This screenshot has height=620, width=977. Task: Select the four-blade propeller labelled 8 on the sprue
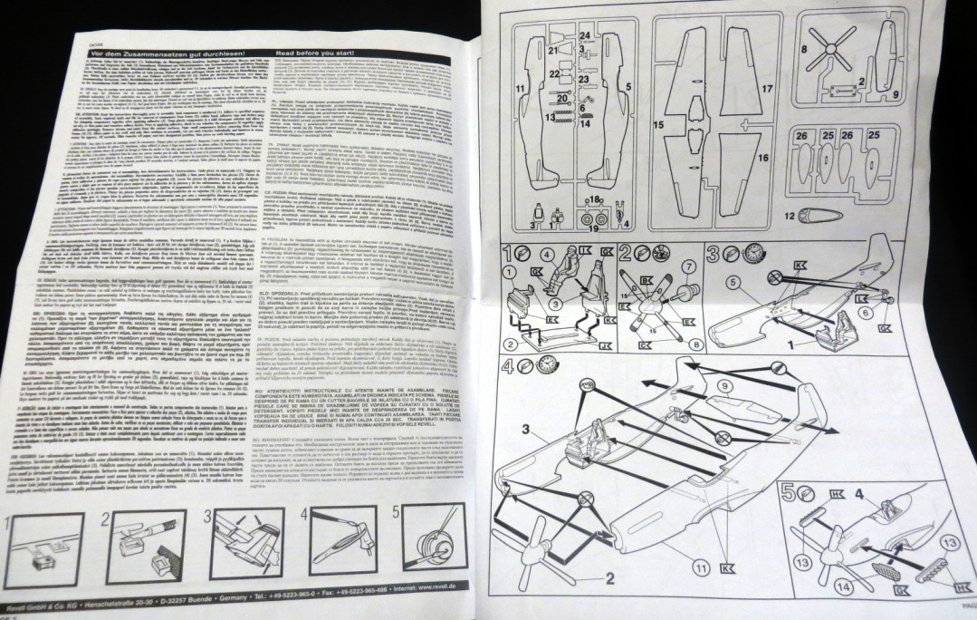pos(829,47)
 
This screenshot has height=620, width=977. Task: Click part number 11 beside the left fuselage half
pos(520,88)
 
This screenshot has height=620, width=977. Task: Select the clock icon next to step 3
pos(730,252)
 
